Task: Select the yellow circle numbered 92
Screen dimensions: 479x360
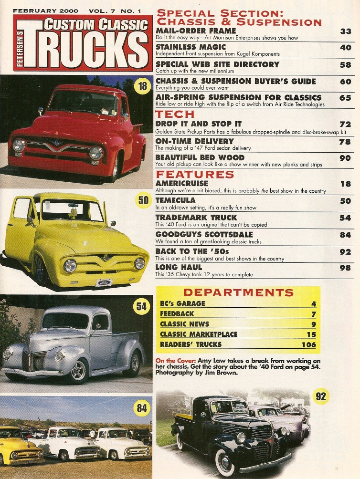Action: [321, 396]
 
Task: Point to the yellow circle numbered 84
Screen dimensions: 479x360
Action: [142, 408]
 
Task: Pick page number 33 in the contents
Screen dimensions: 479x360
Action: [346, 31]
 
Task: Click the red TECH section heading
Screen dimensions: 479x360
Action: [175, 114]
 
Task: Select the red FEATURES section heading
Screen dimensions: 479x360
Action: [195, 174]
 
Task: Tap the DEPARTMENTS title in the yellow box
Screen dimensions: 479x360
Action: [238, 292]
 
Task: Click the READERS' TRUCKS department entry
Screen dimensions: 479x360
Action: [191, 344]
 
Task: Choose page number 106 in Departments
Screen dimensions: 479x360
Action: [308, 344]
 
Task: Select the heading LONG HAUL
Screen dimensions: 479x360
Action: [179, 267]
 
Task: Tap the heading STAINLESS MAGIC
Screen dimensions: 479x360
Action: [191, 47]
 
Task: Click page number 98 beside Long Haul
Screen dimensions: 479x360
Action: [345, 268]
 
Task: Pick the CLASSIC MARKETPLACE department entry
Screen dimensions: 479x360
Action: [199, 334]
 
